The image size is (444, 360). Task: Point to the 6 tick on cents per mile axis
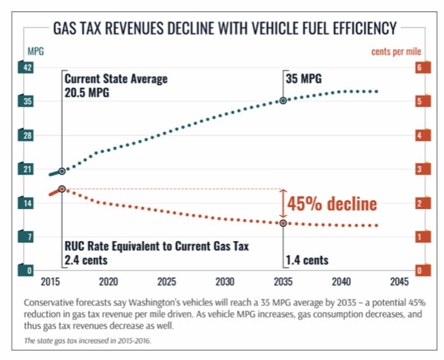(x=419, y=68)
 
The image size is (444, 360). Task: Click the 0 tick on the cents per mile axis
(x=419, y=270)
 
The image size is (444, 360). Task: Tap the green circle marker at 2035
(x=283, y=100)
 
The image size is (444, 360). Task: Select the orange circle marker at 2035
(x=283, y=223)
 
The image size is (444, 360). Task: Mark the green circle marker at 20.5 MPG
(x=61, y=171)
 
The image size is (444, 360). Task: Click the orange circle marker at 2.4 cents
(x=61, y=189)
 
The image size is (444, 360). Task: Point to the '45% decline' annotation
(x=331, y=204)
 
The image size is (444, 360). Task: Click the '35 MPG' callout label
(x=304, y=79)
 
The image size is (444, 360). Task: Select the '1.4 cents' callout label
(x=307, y=260)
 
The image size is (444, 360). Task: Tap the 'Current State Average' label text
(x=116, y=79)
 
